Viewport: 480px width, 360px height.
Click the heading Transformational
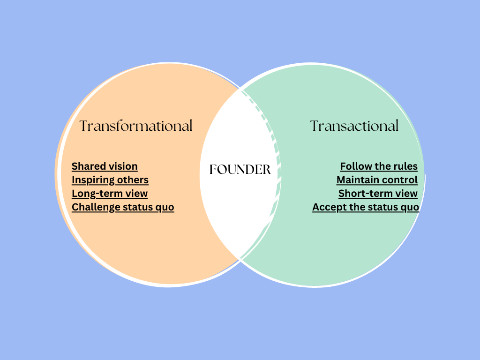(x=136, y=126)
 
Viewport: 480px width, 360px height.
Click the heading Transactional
(x=354, y=126)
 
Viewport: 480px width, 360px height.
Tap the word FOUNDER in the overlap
(x=240, y=170)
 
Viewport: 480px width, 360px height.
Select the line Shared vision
(x=105, y=166)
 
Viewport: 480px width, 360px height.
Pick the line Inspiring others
(x=110, y=180)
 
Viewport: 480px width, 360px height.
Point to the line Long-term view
(x=110, y=194)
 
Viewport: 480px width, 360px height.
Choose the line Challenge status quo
(x=123, y=207)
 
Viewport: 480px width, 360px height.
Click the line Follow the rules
(x=379, y=166)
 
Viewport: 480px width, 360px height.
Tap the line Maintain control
(x=377, y=180)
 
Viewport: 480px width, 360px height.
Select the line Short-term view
(x=378, y=194)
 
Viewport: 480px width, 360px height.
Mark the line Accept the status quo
(x=366, y=207)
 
